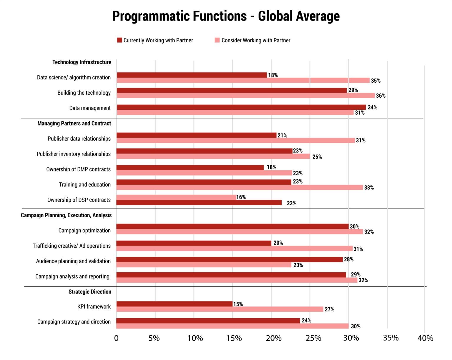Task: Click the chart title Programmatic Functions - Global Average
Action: tap(226, 16)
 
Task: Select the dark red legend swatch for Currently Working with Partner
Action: tap(119, 40)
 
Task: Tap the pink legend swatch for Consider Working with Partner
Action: tap(217, 40)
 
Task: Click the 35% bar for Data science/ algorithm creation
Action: tap(243, 80)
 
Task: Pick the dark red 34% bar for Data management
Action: tap(241, 107)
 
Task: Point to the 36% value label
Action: tap(380, 96)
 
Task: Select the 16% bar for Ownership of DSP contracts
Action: tap(176, 197)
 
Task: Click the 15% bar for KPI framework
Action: tap(174, 304)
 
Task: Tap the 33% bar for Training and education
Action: tap(240, 187)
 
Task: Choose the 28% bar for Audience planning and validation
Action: tap(230, 259)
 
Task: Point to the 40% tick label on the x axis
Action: tap(425, 338)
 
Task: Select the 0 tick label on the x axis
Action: tap(116, 338)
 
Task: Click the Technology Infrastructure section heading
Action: tap(82, 62)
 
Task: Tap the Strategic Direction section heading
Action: tap(90, 292)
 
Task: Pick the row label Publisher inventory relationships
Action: tap(74, 154)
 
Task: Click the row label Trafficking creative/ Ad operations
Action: tap(72, 246)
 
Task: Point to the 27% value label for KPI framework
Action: tap(329, 309)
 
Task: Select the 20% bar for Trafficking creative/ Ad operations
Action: tap(194, 243)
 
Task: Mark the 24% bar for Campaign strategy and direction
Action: tap(208, 321)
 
